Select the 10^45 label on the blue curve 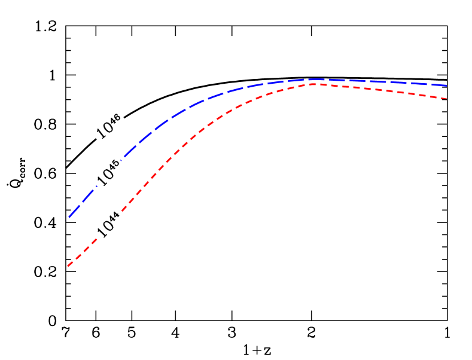(109, 173)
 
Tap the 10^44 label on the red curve (109, 224)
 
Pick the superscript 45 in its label (115, 166)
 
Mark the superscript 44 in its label (115, 217)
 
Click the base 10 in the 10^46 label (104, 131)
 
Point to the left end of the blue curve (68, 218)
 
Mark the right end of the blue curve (447, 86)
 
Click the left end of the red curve (68, 266)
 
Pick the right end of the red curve (447, 99)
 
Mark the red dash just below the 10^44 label (90, 245)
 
